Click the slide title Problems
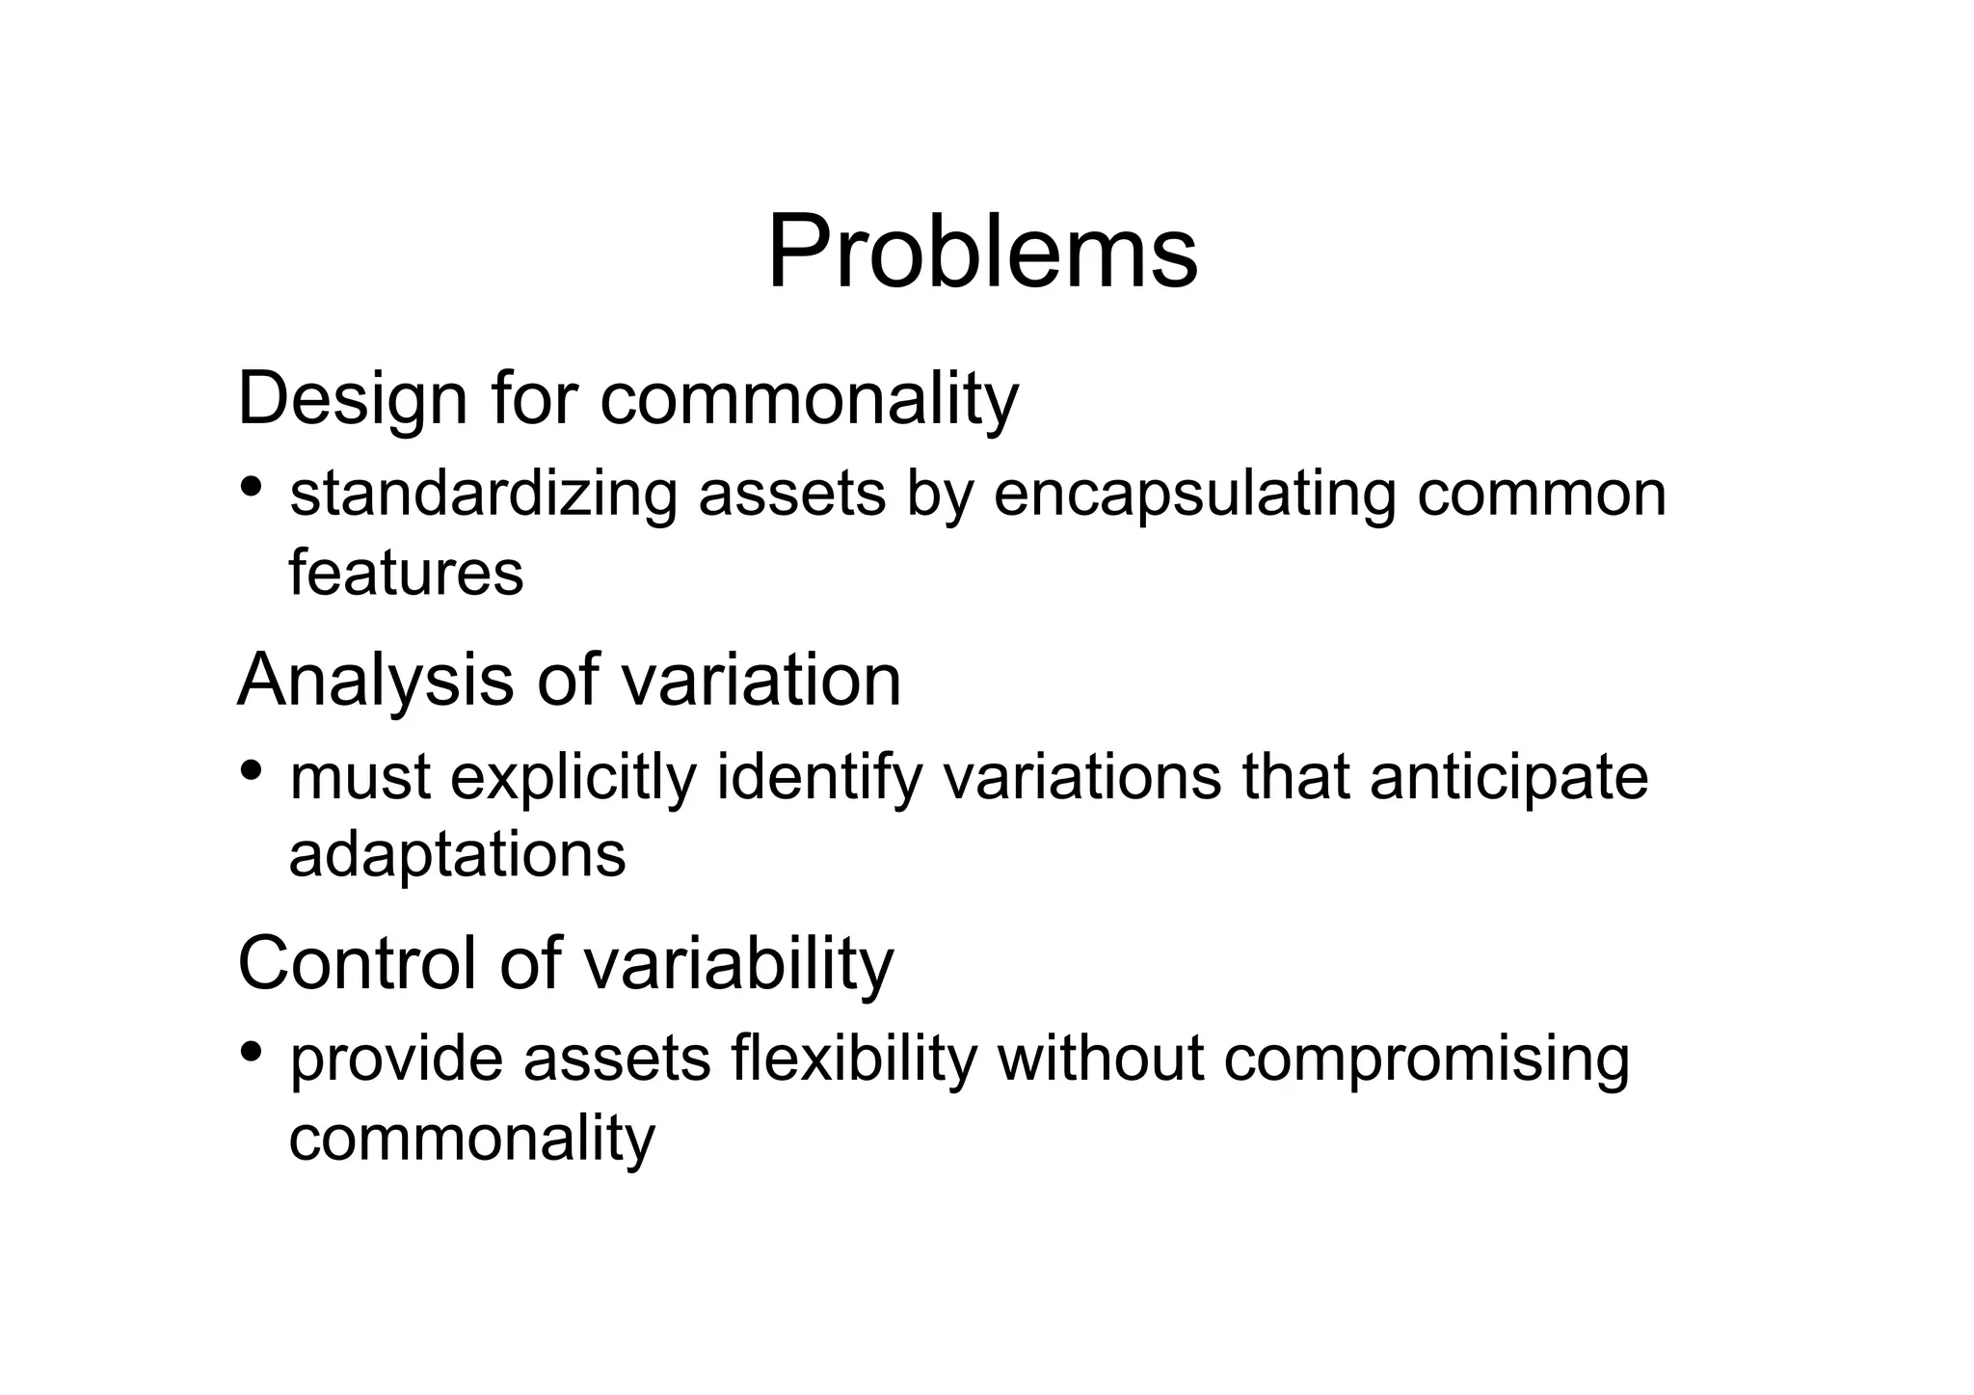click(981, 253)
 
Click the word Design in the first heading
click(351, 398)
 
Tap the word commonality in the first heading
click(809, 398)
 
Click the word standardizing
click(483, 495)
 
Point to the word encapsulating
click(1194, 495)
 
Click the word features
click(406, 573)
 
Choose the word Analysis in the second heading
click(375, 681)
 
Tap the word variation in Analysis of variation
click(760, 681)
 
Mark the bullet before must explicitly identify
click(252, 769)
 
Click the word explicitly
click(573, 777)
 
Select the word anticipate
click(1508, 777)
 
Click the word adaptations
click(457, 854)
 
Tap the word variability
click(743, 962)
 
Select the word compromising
click(1427, 1060)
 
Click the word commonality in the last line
click(471, 1138)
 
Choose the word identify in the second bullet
click(818, 777)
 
